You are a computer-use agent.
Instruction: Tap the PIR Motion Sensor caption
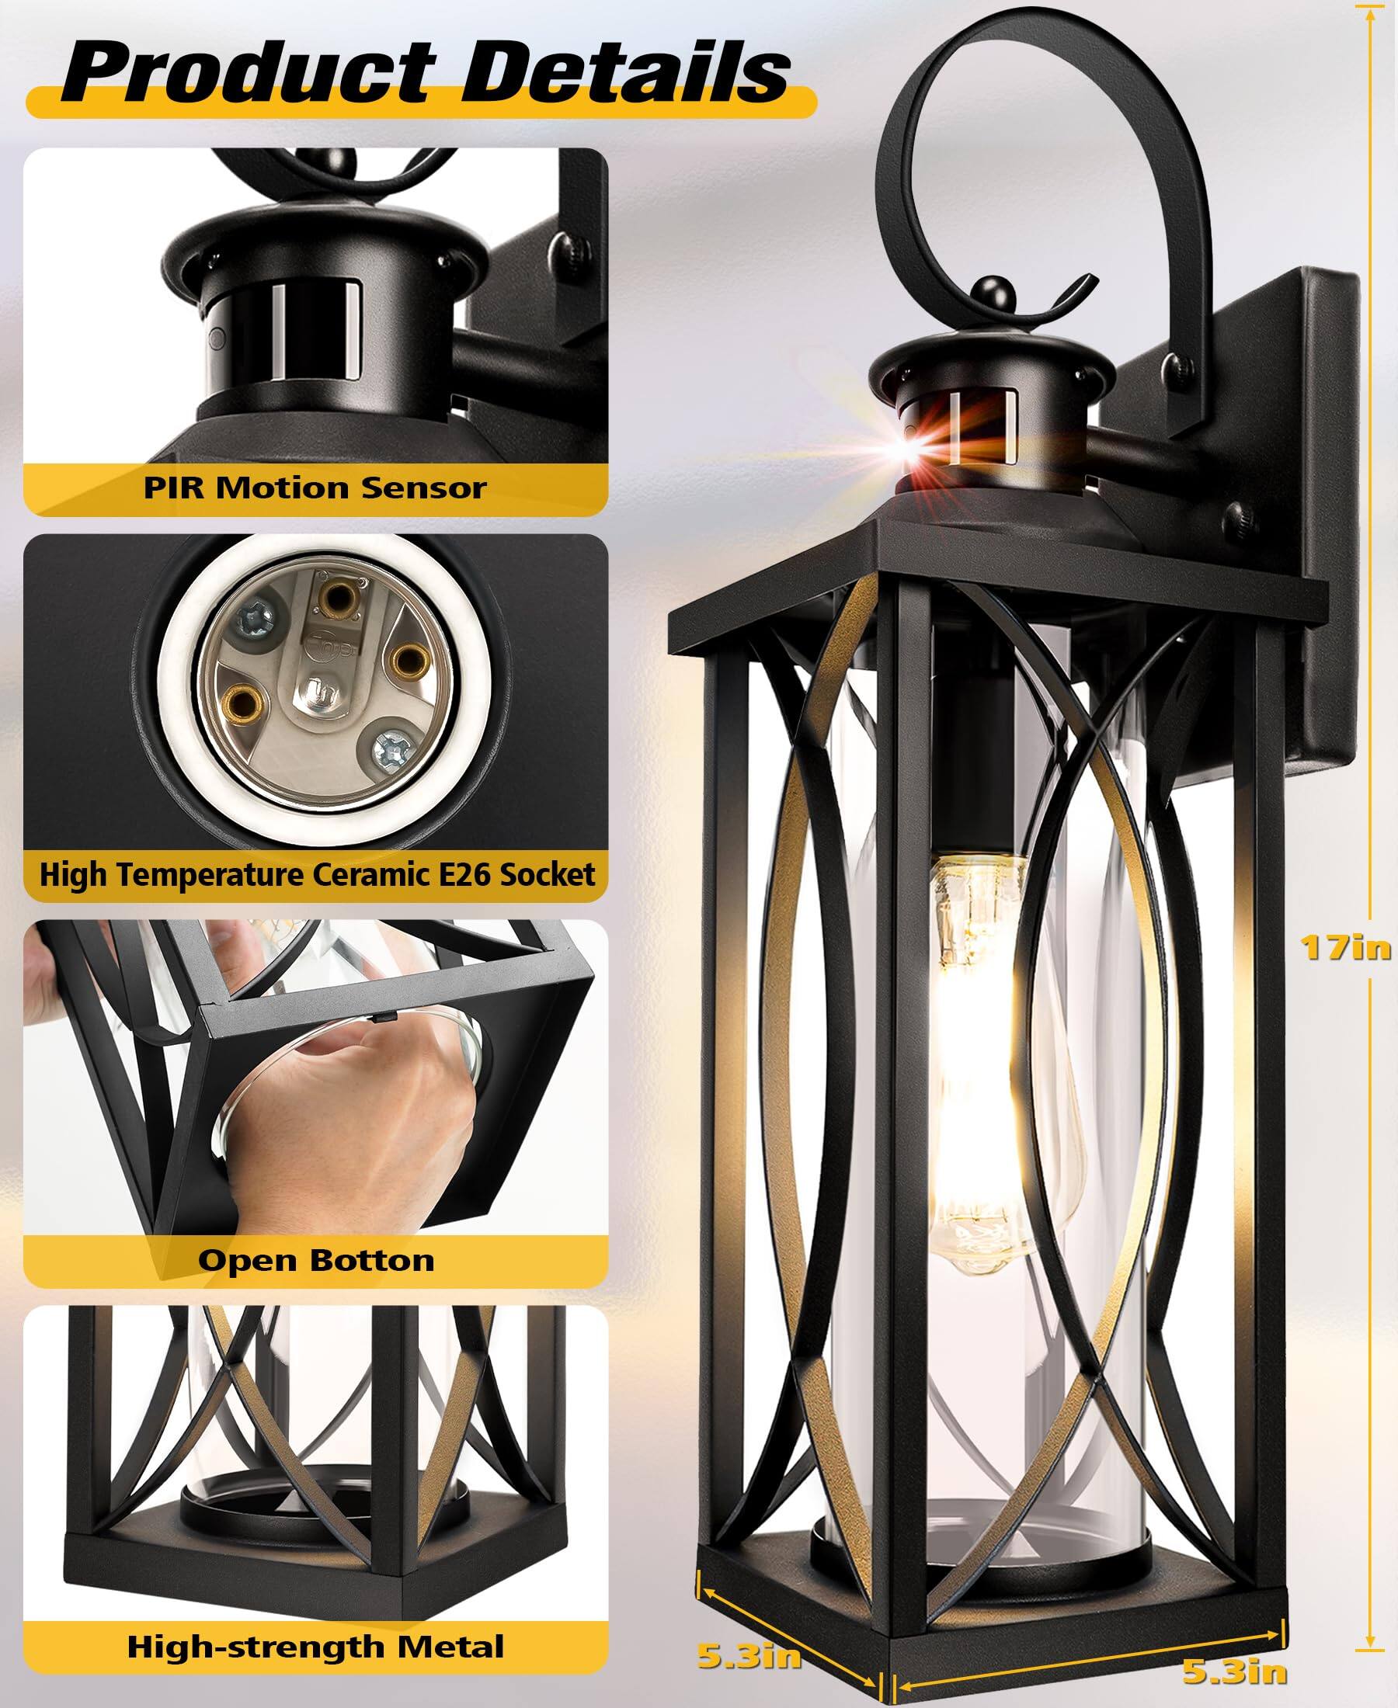click(x=315, y=488)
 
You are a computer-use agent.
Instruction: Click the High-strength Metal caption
click(x=315, y=1646)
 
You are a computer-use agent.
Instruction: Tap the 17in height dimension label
click(x=1346, y=947)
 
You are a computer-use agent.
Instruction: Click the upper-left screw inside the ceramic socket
click(x=256, y=619)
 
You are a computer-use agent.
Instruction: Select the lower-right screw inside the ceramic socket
click(x=394, y=748)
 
